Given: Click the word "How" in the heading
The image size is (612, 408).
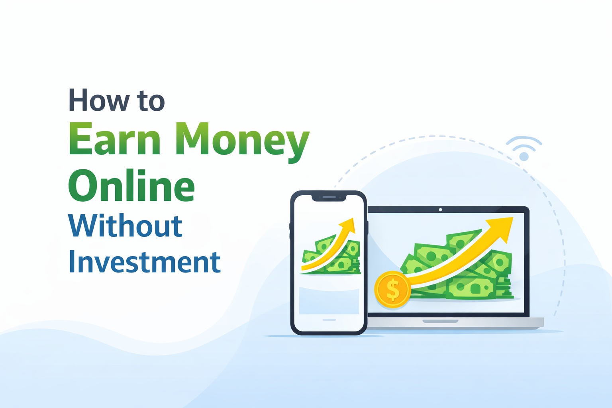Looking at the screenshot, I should pos(99,100).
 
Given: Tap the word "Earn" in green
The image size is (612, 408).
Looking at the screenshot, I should pos(115,139).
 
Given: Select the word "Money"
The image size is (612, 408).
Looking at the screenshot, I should pos(242,140).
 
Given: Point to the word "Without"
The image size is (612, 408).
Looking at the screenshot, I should pos(125,226).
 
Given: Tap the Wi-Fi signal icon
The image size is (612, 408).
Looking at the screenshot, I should pos(524,149).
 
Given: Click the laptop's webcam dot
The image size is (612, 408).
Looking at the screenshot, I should pos(440,210).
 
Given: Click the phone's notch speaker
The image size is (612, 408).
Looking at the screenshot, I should pos(329,197).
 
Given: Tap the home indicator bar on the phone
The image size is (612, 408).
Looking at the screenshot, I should pos(329,320).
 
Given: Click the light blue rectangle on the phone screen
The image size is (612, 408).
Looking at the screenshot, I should pos(329,301).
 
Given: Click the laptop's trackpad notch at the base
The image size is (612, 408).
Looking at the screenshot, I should pos(440,321).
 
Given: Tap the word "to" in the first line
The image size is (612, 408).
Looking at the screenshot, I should pos(151,101).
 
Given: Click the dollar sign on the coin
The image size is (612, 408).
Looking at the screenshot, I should pos(393,290).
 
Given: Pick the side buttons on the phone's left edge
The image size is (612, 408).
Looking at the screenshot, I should pos(290,231).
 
